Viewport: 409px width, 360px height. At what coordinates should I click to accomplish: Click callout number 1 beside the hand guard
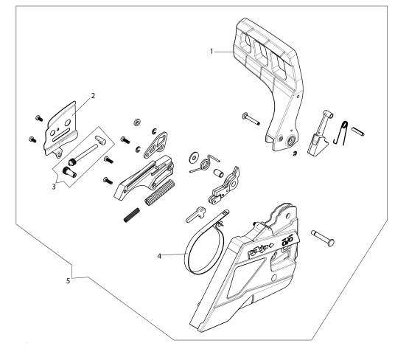(212, 52)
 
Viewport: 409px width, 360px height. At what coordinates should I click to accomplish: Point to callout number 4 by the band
(158, 255)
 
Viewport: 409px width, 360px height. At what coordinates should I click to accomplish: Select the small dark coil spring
(130, 215)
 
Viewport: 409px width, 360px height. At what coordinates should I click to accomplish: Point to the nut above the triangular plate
(136, 121)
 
